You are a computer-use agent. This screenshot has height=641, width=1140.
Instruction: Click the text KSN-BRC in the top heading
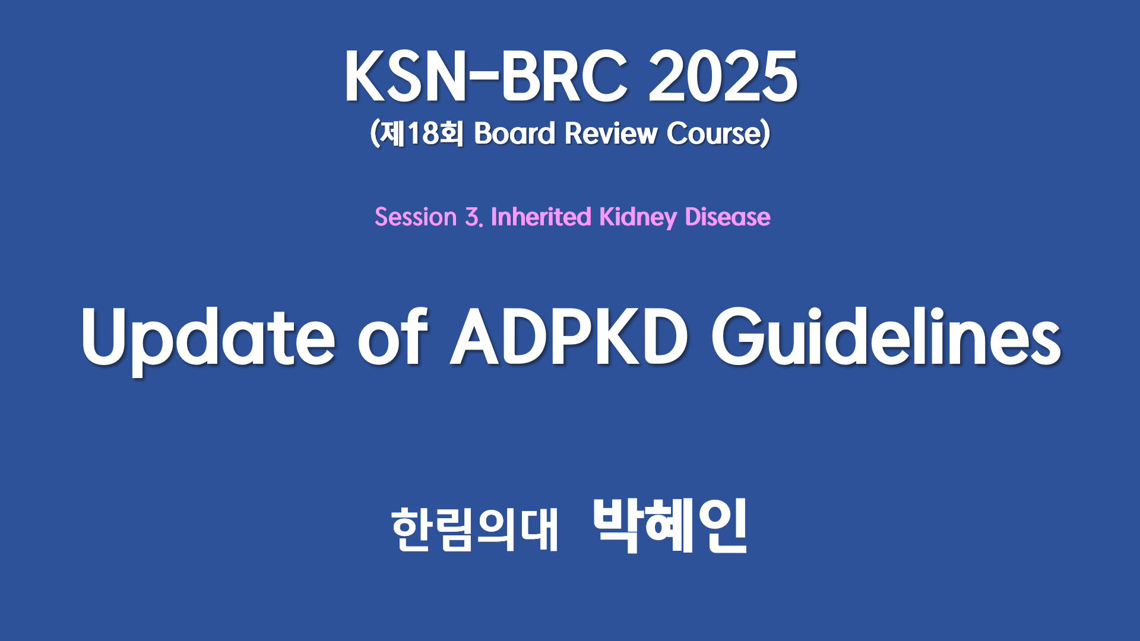click(x=486, y=77)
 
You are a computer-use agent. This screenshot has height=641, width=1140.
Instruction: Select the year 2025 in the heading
click(x=723, y=77)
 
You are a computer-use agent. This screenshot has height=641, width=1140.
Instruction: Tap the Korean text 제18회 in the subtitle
click(x=420, y=133)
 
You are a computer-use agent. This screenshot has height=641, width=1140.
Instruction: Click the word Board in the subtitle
click(x=514, y=133)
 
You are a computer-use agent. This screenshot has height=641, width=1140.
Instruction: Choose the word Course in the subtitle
click(x=714, y=133)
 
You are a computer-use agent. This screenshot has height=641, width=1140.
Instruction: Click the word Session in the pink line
click(x=416, y=217)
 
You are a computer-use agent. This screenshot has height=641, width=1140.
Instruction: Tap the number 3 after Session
click(x=473, y=217)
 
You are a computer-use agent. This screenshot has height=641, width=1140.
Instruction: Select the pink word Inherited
click(x=541, y=217)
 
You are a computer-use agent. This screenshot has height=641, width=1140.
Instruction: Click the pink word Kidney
click(x=638, y=218)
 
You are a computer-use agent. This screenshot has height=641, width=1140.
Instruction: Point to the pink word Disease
click(x=727, y=217)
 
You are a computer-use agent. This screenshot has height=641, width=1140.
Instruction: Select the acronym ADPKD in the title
click(x=569, y=337)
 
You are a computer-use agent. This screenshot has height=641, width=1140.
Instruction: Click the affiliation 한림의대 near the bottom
click(x=475, y=529)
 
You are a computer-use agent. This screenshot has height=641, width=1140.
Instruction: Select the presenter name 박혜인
click(x=670, y=526)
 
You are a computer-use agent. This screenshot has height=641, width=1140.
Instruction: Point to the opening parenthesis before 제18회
click(x=374, y=133)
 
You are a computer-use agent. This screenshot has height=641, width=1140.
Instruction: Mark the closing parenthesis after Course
click(x=766, y=133)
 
